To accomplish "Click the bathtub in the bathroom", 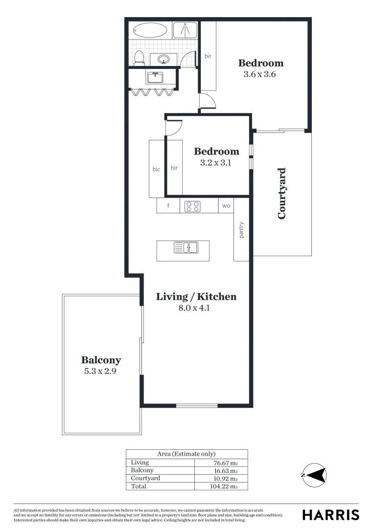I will pyautogui.click(x=151, y=30).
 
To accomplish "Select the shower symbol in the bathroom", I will pyautogui.click(x=185, y=30).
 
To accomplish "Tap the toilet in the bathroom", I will pyautogui.click(x=139, y=58).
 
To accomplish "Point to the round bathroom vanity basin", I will pyautogui.click(x=163, y=60).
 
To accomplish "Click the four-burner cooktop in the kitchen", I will pyautogui.click(x=192, y=206).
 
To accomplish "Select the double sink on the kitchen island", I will pyautogui.click(x=186, y=248).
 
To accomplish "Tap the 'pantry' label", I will pyautogui.click(x=241, y=231).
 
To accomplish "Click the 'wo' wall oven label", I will pyautogui.click(x=226, y=206).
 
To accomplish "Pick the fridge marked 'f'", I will pyautogui.click(x=168, y=206).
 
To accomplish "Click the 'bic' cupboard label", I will pyautogui.click(x=156, y=169).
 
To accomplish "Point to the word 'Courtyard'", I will pyautogui.click(x=282, y=193).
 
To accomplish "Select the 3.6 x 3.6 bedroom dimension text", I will pyautogui.click(x=260, y=75).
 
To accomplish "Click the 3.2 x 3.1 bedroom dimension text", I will pyautogui.click(x=215, y=163).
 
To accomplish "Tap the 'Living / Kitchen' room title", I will pyautogui.click(x=196, y=297).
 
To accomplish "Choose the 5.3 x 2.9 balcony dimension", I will pyautogui.click(x=100, y=371).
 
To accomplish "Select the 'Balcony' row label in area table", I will pyautogui.click(x=142, y=470).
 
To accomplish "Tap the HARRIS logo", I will pyautogui.click(x=330, y=514).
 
